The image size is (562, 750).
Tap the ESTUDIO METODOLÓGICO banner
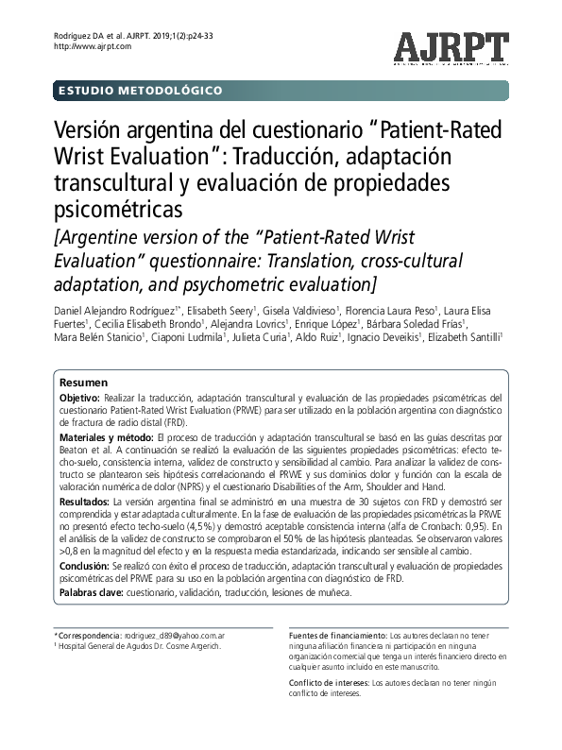click(141, 91)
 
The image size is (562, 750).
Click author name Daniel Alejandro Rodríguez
click(122, 312)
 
